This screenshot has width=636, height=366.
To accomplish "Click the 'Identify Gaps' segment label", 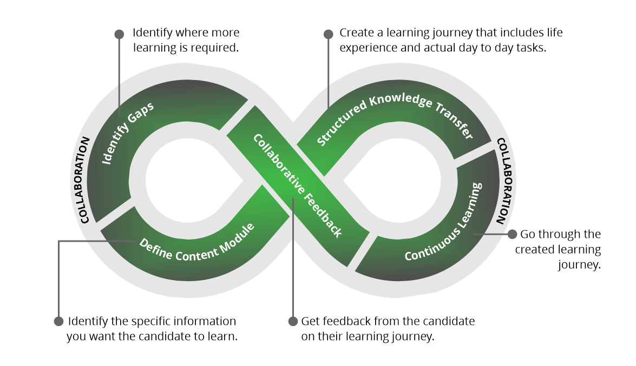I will click(x=128, y=132).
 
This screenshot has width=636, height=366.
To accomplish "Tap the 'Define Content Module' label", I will click(x=196, y=248).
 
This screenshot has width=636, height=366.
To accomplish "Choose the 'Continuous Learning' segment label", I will click(x=443, y=222).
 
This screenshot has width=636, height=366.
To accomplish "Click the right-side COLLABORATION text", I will click(x=503, y=181).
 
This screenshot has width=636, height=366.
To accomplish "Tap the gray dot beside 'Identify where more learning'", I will click(x=119, y=34).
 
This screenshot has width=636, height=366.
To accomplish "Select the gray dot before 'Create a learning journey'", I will click(x=328, y=34).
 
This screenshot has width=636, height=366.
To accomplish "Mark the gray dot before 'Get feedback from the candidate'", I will click(x=292, y=321).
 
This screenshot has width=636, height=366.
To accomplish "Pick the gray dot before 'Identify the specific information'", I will click(x=59, y=321).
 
